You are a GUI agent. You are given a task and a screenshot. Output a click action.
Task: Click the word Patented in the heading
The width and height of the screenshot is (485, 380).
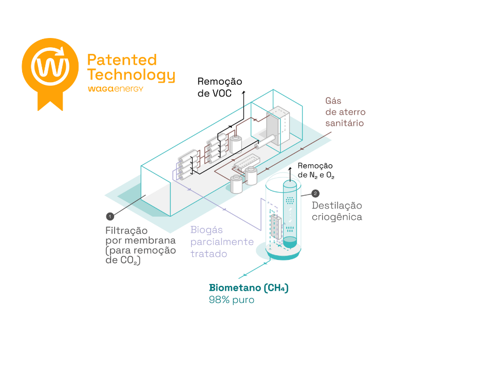pos(122,60)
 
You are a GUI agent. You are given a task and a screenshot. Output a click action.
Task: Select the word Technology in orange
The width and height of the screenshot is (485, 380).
pos(131,75)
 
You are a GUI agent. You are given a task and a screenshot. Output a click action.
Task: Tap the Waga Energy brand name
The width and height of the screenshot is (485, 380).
pos(115,89)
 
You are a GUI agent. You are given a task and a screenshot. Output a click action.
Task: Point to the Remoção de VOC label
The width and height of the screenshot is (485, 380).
pos(219,87)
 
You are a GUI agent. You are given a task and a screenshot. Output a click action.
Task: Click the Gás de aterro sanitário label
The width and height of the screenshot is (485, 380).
pos(345,112)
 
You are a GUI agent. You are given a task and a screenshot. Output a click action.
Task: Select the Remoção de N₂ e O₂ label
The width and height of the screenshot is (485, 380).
pos(315,170)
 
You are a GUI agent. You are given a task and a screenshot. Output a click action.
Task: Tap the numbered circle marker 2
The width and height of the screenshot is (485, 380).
pos(315,194)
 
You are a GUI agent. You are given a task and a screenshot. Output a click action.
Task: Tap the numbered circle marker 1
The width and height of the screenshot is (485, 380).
pos(109,216)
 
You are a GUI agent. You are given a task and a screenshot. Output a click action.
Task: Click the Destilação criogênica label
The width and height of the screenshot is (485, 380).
pos(337,211)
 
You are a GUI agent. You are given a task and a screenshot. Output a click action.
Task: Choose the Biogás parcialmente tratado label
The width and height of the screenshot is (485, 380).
pos(222,241)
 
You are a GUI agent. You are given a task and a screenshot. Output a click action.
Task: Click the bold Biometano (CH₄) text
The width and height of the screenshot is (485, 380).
pos(249,288)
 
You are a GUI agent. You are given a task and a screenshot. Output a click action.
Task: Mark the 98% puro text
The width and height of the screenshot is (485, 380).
pos(231,300)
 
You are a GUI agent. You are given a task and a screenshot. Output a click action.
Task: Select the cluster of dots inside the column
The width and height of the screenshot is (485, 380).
pos(290,201)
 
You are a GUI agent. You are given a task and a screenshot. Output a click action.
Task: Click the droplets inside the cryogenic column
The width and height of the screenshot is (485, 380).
pos(290,229)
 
